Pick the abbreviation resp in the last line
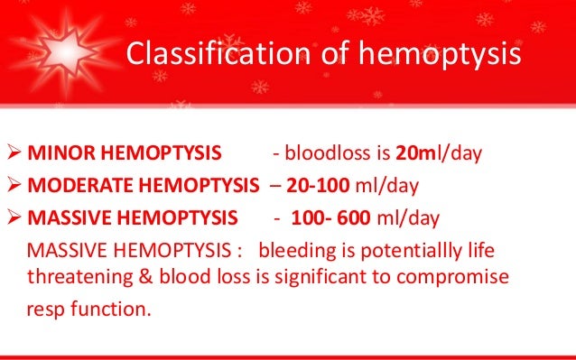(x=45, y=309)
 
